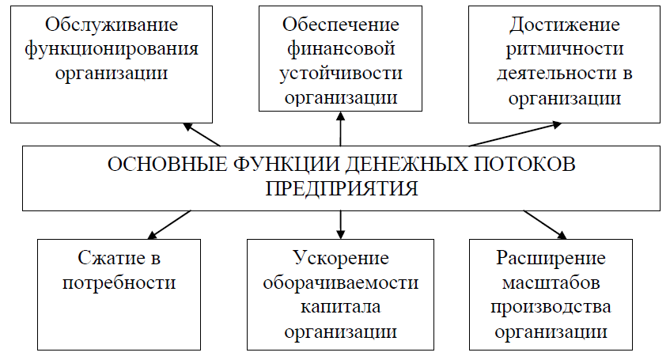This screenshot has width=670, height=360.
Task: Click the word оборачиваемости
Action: (x=340, y=282)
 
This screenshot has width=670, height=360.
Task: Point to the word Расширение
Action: (x=551, y=258)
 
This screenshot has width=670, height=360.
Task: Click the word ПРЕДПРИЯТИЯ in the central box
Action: (x=340, y=190)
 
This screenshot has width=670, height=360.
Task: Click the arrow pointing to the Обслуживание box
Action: (x=201, y=134)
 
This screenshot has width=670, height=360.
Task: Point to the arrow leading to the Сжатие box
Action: (x=169, y=224)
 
